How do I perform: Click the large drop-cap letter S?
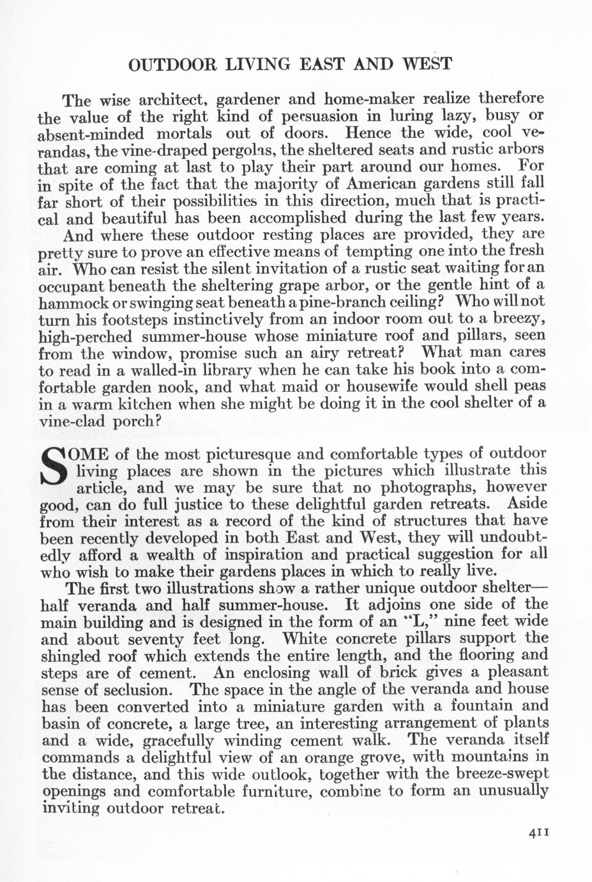(x=54, y=468)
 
